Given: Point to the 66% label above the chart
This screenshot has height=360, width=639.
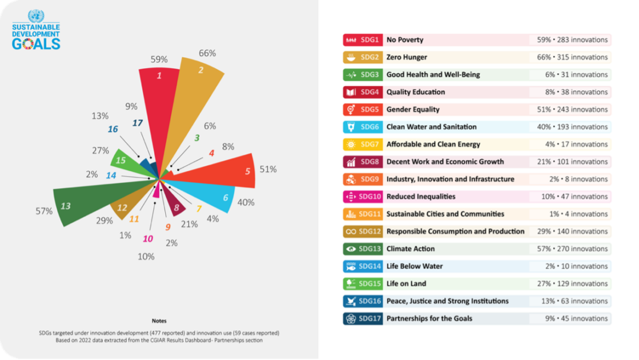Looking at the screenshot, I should tap(207, 53).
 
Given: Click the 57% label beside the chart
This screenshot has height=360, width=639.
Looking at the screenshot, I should tap(44, 211).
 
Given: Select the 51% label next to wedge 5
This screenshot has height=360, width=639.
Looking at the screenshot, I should tap(268, 169).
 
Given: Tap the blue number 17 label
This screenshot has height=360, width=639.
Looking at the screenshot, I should tap(137, 123).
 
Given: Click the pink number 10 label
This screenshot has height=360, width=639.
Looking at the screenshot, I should tap(148, 239).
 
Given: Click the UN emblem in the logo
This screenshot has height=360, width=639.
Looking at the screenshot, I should tap(36, 16).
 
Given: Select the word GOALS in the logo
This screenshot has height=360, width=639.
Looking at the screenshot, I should tap(36, 44).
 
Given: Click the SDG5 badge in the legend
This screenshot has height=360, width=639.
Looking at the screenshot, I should tap(362, 109).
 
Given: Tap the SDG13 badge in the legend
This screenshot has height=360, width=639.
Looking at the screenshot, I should tap(362, 249).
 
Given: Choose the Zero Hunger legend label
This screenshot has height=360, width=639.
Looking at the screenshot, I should tap(407, 57).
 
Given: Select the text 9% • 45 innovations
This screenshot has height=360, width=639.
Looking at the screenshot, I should tap(574, 319).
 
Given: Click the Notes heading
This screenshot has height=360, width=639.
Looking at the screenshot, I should tap(159, 321).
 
